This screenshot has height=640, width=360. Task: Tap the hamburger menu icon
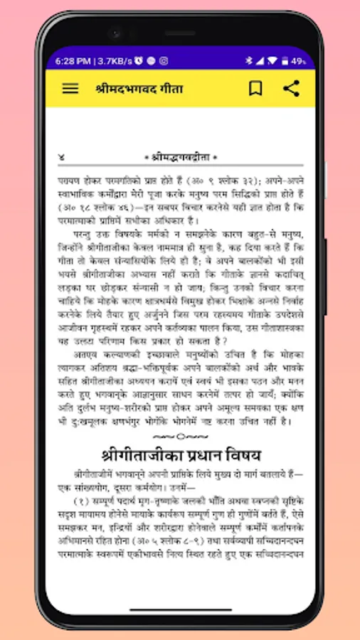[x=70, y=89]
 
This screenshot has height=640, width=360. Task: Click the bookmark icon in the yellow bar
[x=255, y=89]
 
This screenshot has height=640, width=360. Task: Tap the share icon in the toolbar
[x=291, y=89]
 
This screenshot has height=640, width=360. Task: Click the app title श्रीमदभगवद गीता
[x=139, y=90]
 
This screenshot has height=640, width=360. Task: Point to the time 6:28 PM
[x=73, y=61]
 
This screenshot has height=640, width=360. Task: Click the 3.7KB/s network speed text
[x=114, y=61]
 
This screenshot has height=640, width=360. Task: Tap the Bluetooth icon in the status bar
[x=249, y=61]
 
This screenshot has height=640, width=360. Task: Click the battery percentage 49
[x=298, y=61]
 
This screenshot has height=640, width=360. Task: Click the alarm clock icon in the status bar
[x=138, y=61]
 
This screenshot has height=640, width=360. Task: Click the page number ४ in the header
[x=62, y=156]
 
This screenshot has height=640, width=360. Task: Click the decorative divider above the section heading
[x=180, y=435]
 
